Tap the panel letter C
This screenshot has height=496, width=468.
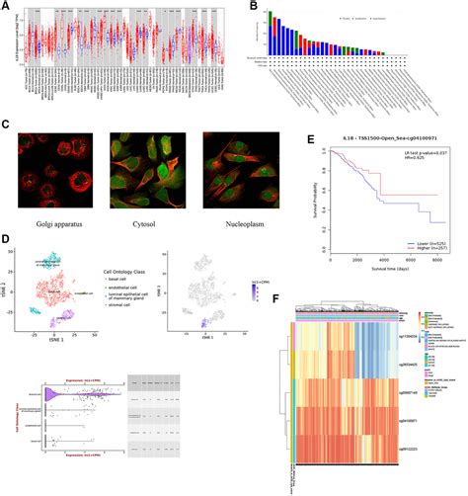tap(6, 125)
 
